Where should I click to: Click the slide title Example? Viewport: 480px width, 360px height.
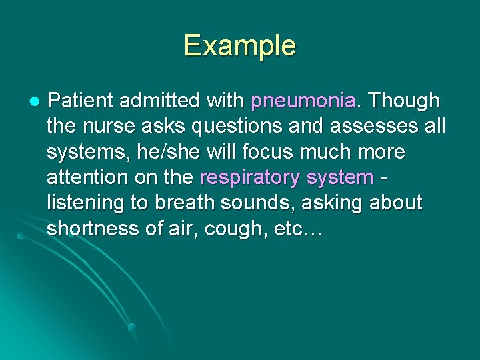point(240,46)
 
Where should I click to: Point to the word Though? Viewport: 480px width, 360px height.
point(405,101)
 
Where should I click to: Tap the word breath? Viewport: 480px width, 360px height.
point(192,203)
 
